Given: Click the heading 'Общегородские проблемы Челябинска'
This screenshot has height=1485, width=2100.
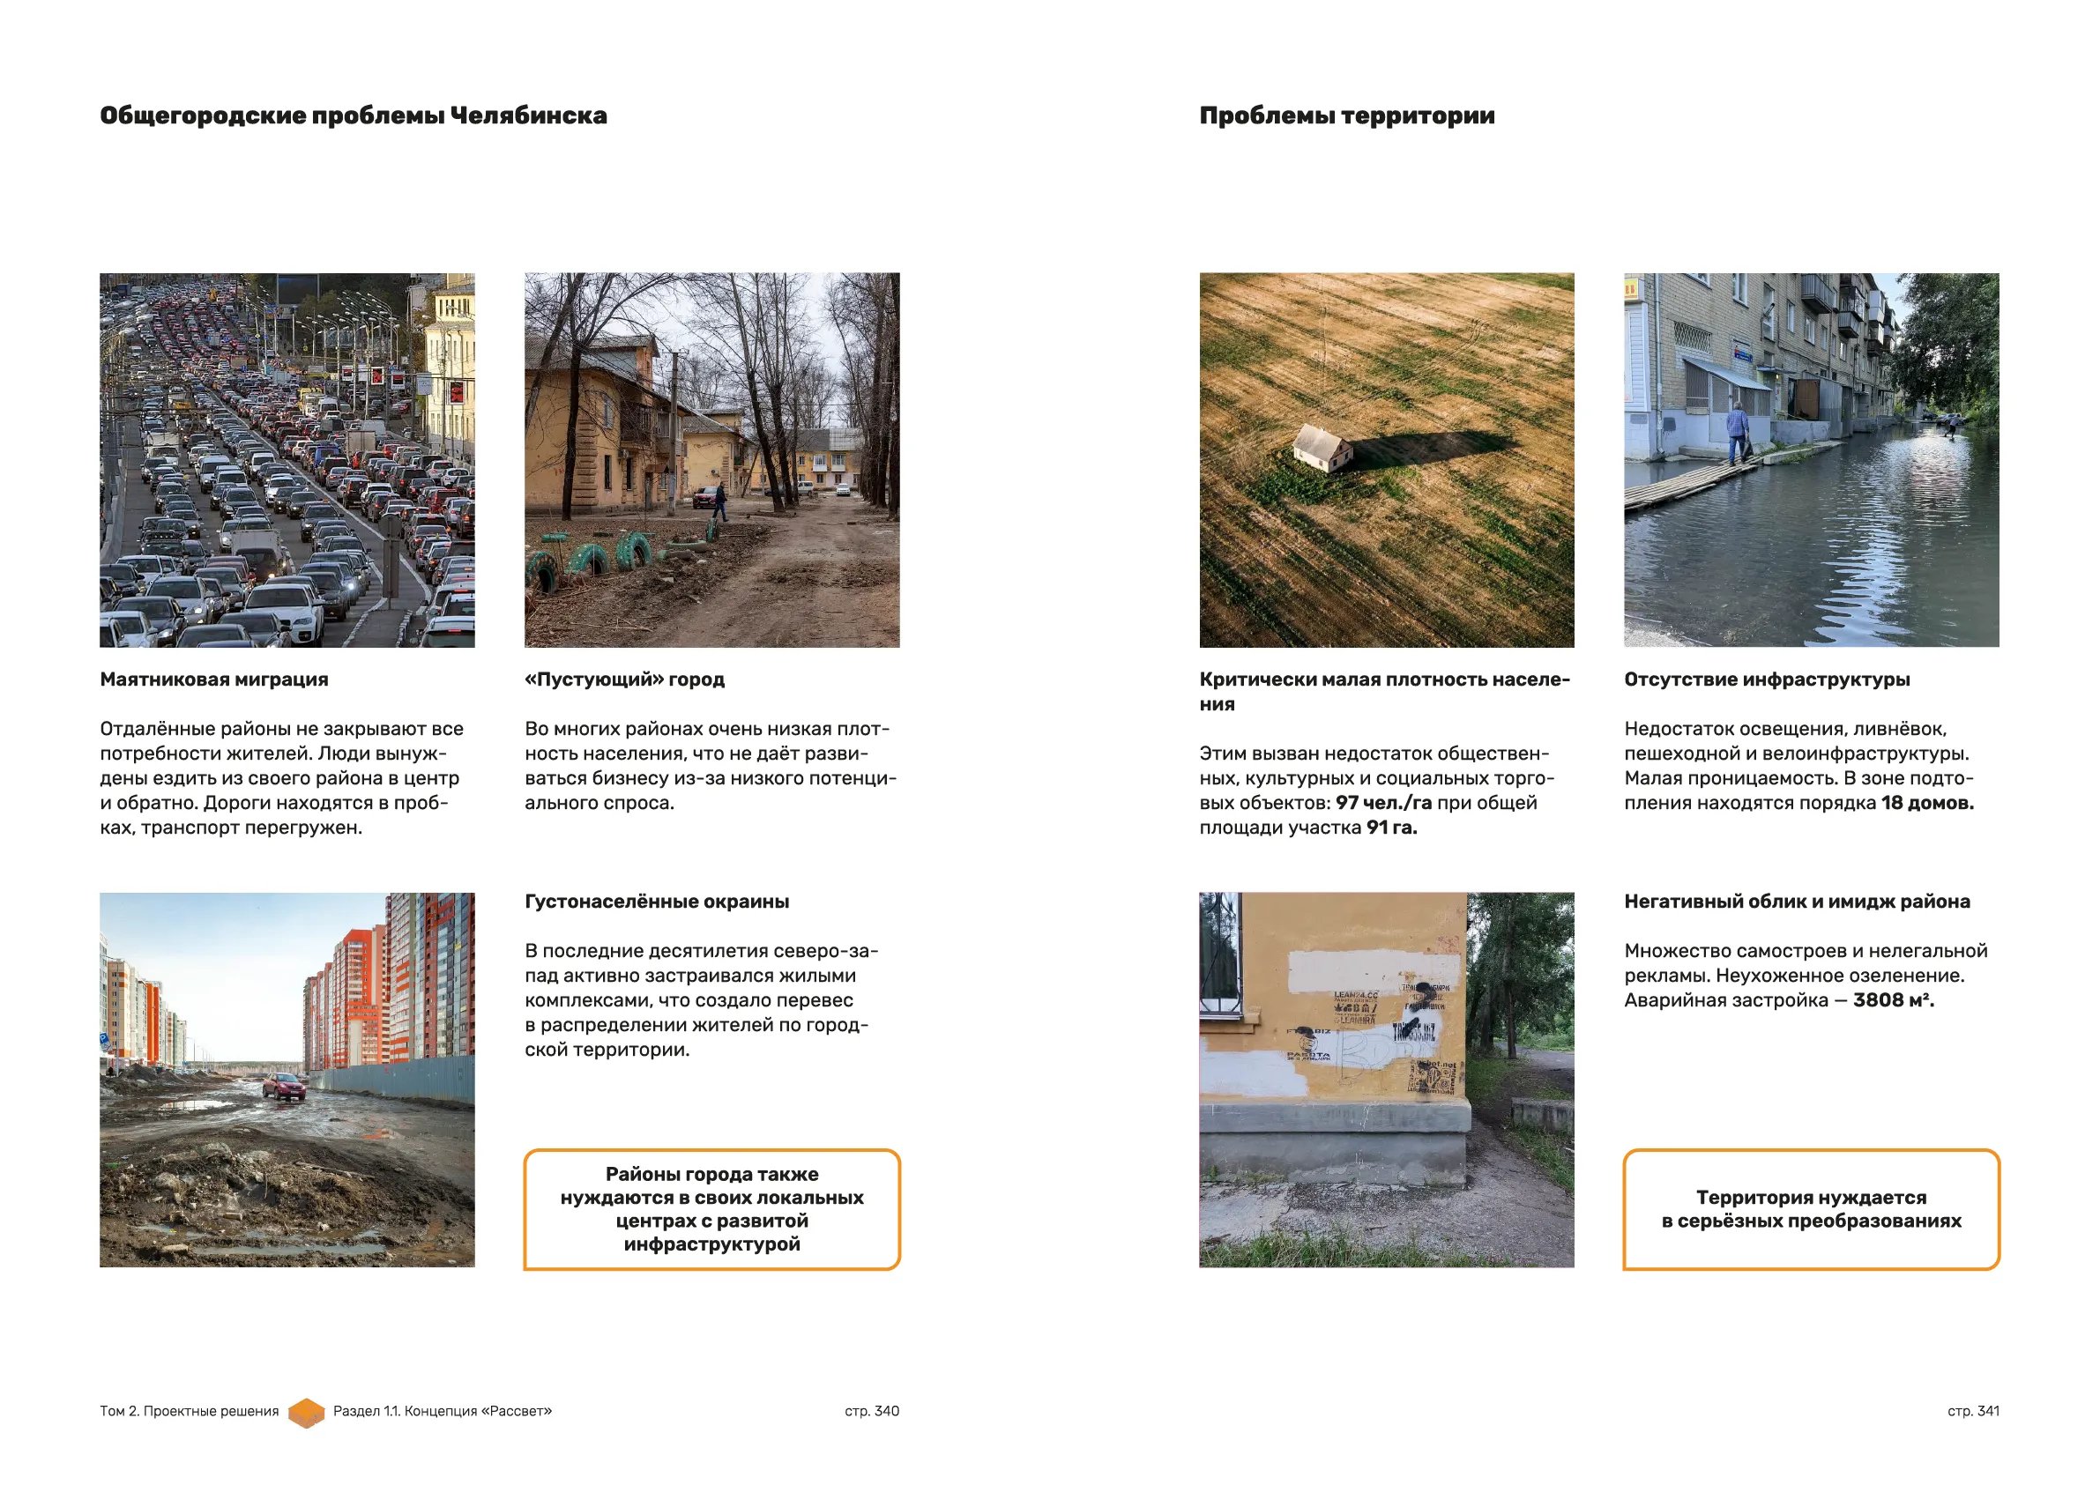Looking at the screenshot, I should (353, 116).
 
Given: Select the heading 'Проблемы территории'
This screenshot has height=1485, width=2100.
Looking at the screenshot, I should (1346, 116).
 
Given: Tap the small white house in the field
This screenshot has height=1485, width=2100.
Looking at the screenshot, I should (1322, 447).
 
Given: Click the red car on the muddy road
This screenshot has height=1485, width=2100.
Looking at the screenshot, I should (284, 1086).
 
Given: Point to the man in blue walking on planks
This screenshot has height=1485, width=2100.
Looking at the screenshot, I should (1737, 432).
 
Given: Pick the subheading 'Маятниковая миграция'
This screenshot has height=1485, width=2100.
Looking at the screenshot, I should (214, 679).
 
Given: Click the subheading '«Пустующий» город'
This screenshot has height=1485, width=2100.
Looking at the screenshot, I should (624, 679).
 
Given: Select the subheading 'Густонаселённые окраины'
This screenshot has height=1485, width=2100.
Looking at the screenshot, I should (657, 902).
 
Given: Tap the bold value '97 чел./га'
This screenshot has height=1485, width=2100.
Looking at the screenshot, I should (1383, 803).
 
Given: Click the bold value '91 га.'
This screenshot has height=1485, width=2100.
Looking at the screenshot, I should (1391, 828).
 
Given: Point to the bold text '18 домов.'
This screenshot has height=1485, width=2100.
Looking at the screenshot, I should (1927, 803).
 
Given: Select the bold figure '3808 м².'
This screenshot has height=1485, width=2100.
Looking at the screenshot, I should (1894, 1000).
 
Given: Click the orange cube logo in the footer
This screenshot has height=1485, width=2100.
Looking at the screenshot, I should (307, 1412).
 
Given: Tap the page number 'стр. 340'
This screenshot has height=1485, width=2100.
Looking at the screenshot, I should (872, 1411).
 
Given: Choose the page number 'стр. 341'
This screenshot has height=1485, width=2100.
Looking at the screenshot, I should (1973, 1411).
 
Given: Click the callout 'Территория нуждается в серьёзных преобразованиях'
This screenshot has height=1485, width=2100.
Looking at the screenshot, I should (1811, 1209).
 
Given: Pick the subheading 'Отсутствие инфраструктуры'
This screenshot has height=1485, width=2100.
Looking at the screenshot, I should (1766, 679).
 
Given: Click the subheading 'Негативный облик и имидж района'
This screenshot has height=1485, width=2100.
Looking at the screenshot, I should (1797, 902).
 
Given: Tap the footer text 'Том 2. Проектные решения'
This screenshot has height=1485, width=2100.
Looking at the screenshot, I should (190, 1411).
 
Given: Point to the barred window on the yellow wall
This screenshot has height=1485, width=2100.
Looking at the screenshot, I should (1220, 954).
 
